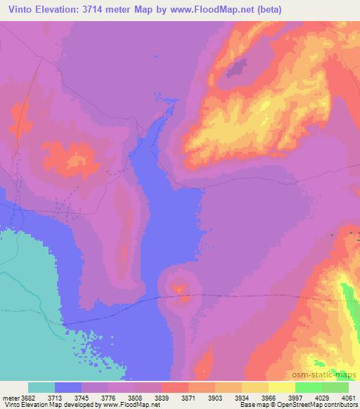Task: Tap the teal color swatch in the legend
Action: [x=41, y=388]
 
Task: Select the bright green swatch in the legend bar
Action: [x=308, y=388]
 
